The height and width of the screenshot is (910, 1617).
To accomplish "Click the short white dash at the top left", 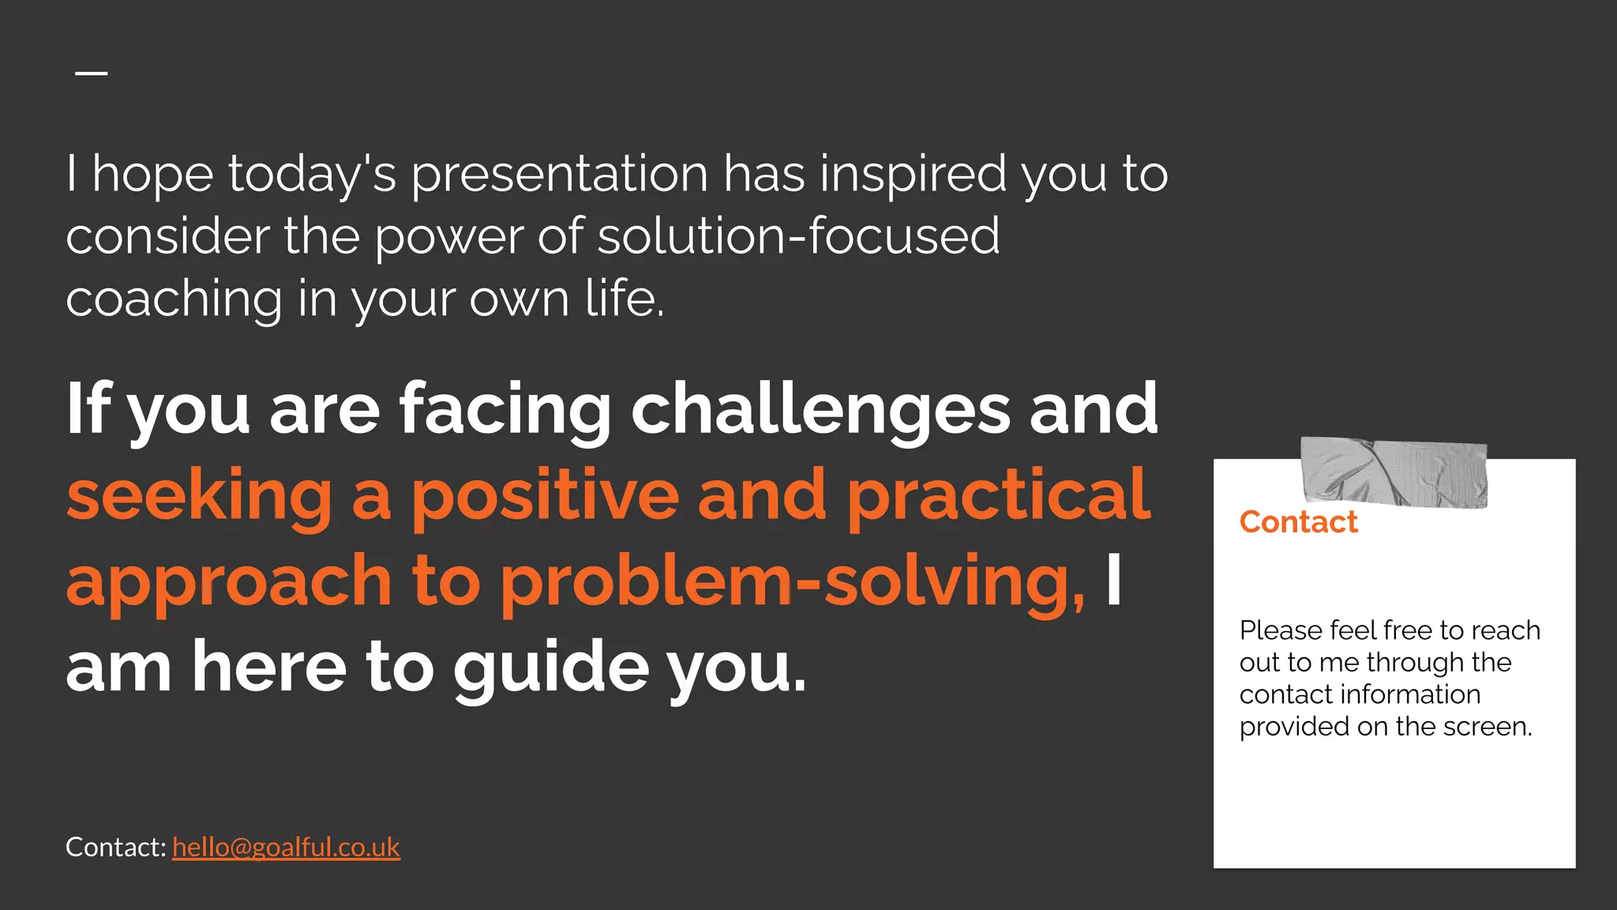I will click(x=92, y=73).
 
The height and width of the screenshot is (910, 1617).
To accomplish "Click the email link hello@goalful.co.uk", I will click(x=286, y=847).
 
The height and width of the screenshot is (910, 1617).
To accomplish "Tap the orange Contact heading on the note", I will click(x=1298, y=522).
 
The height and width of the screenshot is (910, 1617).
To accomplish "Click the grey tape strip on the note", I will click(x=1394, y=472).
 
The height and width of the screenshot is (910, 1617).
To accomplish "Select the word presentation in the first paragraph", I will click(x=559, y=175).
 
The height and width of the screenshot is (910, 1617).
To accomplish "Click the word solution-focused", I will click(x=798, y=236).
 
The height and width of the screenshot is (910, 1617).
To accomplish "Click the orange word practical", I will click(x=998, y=495).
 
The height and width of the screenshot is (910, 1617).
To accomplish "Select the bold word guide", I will click(x=550, y=667).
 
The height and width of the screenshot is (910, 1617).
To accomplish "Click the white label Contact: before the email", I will click(x=115, y=847).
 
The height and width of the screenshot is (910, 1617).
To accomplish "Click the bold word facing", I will click(x=505, y=409).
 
